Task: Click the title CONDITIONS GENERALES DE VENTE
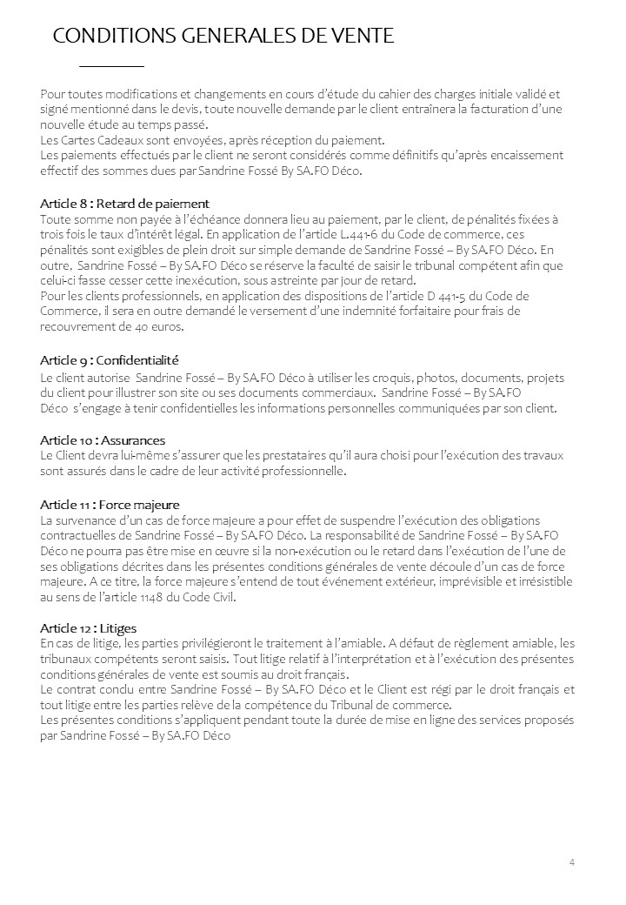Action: coord(223,36)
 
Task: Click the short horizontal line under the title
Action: coord(111,66)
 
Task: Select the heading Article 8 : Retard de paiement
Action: coord(125,204)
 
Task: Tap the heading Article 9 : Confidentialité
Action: coord(110,360)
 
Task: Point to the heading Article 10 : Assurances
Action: coord(103,440)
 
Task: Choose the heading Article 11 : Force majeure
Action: coord(110,505)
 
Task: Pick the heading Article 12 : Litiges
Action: coord(89,627)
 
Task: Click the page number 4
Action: coord(572,861)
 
